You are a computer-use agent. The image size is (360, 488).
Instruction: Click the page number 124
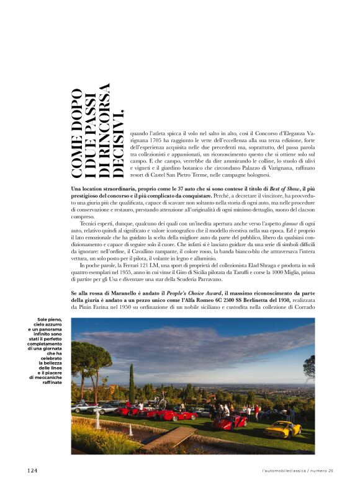[32, 471]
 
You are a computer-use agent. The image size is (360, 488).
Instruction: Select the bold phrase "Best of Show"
[284, 188]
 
